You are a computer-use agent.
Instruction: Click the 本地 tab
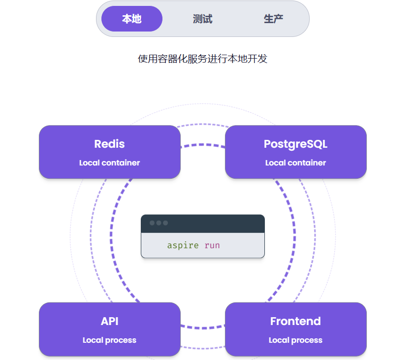pos(132,19)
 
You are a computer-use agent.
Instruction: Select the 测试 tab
pos(202,19)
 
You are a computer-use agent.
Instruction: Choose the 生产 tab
pos(273,19)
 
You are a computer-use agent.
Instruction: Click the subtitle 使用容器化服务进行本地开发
pos(202,59)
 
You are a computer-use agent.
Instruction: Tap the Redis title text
pos(109,144)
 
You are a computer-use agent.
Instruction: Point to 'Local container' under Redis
pos(109,163)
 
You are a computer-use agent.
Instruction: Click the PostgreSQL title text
pos(295,144)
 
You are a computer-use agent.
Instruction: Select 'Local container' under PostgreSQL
pos(295,163)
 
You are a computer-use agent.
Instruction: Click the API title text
pos(109,321)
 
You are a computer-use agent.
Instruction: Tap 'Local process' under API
pos(109,340)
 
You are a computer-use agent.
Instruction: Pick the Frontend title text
pos(295,321)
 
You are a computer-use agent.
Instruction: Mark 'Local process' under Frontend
pos(295,340)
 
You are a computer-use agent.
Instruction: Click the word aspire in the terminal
pos(183,245)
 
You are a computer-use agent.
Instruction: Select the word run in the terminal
pos(212,245)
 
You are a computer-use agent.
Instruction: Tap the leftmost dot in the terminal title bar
pos(152,223)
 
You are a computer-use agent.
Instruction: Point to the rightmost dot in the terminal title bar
pos(165,223)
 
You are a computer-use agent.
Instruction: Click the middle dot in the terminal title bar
pos(159,223)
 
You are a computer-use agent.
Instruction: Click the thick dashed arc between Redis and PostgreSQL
pos(203,145)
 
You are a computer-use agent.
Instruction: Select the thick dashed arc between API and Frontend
pos(203,327)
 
